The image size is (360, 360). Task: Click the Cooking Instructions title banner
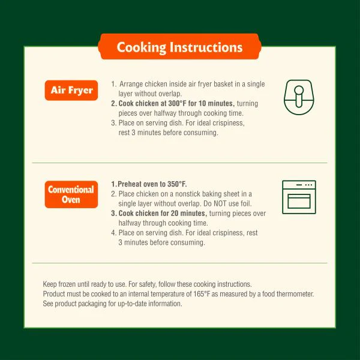click(x=179, y=47)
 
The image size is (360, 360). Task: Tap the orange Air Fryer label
click(x=71, y=90)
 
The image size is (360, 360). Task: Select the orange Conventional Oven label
click(x=71, y=194)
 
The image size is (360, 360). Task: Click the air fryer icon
click(x=299, y=97)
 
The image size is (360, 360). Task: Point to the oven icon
click(x=299, y=197)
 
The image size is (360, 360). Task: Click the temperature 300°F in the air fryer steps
click(x=177, y=104)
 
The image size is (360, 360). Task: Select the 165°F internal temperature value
click(x=202, y=294)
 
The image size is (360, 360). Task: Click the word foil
click(x=246, y=203)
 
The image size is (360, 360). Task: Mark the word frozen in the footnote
click(x=67, y=284)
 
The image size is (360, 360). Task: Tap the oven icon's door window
click(x=299, y=202)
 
